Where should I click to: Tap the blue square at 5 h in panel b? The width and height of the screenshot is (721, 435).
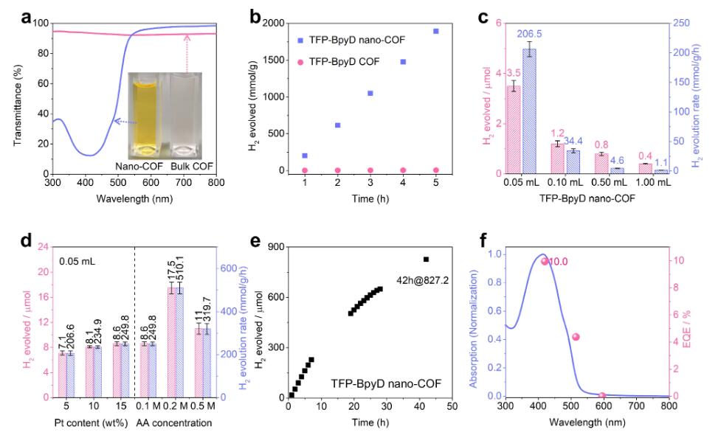[x=435, y=31]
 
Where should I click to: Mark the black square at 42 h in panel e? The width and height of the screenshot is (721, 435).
[x=426, y=259]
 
